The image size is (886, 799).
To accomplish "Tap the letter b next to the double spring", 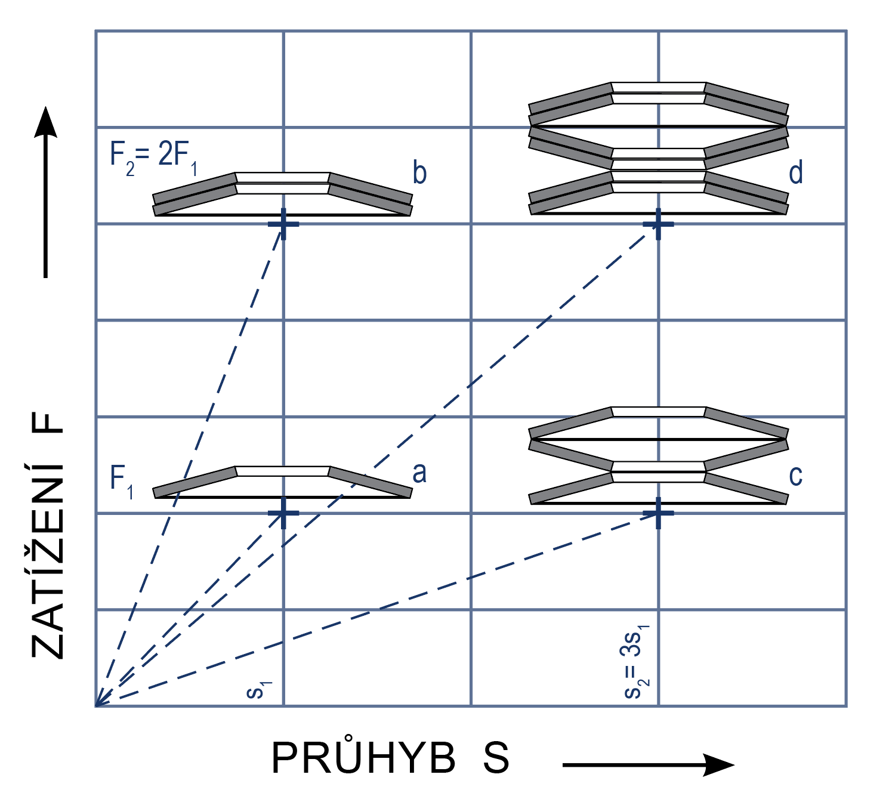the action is (419, 172).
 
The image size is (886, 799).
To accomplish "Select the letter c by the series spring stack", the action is (795, 476).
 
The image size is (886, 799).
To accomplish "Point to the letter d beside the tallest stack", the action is (795, 172).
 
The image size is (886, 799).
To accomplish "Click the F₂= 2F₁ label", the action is (153, 158).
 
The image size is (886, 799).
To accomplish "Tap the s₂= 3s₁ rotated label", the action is (637, 661).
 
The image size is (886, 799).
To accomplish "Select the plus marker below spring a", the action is (283, 513).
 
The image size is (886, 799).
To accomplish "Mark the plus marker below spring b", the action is (283, 224).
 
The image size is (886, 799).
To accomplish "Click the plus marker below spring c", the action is (658, 513).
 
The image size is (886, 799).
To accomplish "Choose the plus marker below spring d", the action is (658, 224).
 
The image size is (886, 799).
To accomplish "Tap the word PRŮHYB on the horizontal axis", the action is (363, 758).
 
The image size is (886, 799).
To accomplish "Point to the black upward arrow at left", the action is (45, 192).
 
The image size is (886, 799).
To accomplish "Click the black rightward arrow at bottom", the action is (649, 764).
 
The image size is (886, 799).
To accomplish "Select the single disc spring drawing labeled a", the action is (283, 482).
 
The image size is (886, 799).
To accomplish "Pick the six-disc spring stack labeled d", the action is (659, 149).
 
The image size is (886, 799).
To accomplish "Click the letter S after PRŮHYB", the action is (496, 758).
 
